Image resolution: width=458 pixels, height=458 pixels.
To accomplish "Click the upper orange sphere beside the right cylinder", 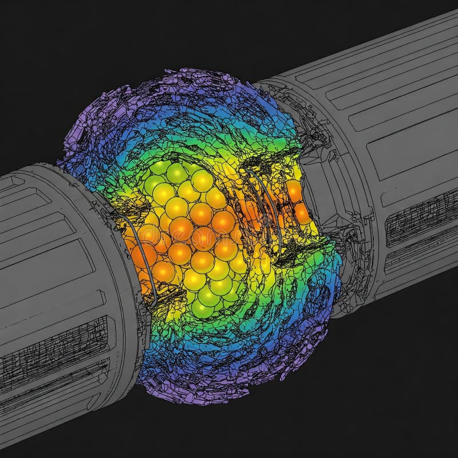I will (294, 191).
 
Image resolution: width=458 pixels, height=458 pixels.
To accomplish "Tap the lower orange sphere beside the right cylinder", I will (302, 212).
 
